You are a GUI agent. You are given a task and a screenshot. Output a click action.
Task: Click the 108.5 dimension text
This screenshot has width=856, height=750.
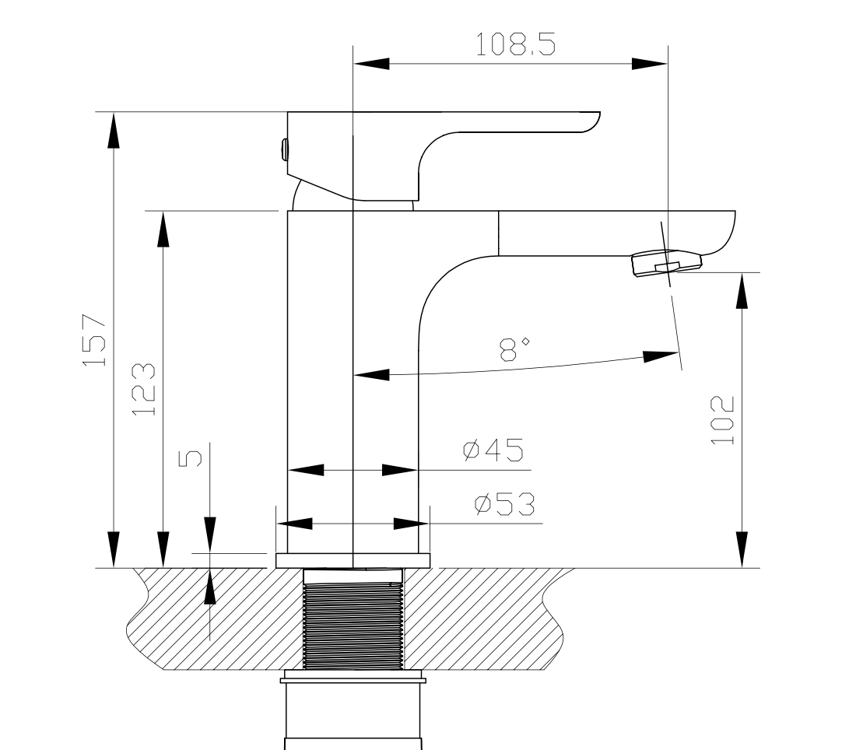click(516, 45)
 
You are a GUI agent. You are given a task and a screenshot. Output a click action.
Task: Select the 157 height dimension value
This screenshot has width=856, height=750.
click(94, 341)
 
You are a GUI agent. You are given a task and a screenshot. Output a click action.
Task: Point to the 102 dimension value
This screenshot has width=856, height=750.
click(723, 420)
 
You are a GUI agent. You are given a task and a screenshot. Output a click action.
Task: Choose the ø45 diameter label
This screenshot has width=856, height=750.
click(493, 450)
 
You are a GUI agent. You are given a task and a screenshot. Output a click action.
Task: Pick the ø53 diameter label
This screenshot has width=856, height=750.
click(505, 505)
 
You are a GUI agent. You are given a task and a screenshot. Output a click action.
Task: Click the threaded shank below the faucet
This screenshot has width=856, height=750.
click(353, 619)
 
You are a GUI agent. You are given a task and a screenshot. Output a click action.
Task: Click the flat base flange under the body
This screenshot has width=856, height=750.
click(353, 560)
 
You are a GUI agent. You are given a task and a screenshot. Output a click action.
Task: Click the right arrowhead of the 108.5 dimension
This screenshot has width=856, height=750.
click(649, 63)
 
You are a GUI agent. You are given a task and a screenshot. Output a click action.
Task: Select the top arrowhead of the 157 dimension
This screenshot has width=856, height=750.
click(114, 129)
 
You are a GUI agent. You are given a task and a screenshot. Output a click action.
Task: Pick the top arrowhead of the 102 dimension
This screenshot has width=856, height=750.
click(742, 291)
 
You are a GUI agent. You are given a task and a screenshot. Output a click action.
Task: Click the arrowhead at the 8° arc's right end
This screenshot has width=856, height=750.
click(660, 356)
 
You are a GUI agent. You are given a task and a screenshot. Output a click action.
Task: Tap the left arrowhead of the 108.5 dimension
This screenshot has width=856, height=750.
click(372, 63)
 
